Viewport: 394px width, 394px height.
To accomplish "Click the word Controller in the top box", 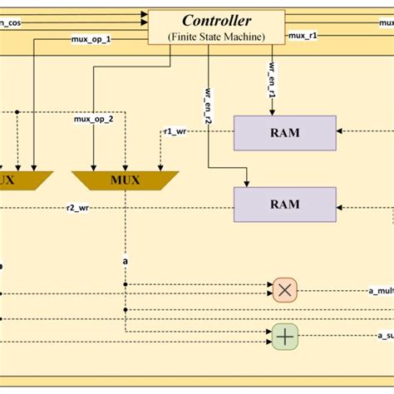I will coord(216,19).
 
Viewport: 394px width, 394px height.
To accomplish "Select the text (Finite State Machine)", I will coord(216,36).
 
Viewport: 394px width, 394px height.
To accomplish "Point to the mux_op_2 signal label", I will coord(92,120).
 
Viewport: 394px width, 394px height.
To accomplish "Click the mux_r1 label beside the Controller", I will coord(303,37).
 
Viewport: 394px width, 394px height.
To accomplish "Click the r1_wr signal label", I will coord(174,131).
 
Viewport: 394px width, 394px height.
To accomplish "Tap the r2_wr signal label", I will coord(78,208).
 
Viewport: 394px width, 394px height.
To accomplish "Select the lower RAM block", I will coord(284,204).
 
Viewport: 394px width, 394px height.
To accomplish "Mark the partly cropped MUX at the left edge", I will coord(23,180).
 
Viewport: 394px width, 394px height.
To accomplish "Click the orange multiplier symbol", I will coord(284,290).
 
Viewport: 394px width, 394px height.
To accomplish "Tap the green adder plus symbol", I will coord(284,336).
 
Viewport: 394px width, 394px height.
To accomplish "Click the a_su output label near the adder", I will coord(383,336).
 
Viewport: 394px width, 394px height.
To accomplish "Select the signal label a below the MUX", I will coord(126,261).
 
